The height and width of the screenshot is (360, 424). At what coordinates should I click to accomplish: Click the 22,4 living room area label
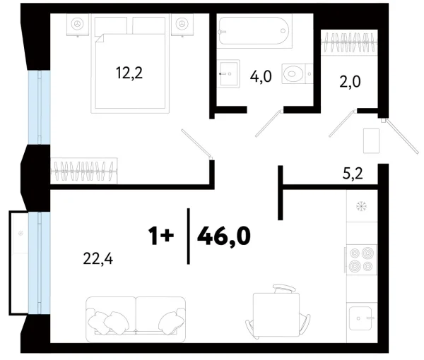point(98,259)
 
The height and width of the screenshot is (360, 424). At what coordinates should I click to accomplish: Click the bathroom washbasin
point(228,71)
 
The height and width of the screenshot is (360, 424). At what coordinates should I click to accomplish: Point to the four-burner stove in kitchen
point(361,259)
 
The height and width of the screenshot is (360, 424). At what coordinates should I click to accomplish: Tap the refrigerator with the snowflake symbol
point(362,208)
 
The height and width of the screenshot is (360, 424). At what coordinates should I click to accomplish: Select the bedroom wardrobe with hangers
point(86,170)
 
